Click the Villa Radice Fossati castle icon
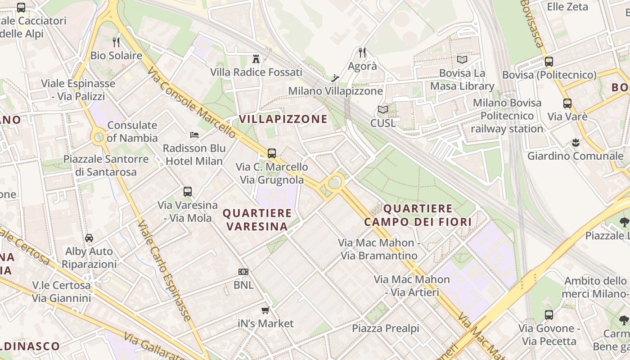256,58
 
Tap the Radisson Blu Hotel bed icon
194,135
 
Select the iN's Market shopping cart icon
265,310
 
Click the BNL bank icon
243,272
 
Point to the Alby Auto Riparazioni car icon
89,238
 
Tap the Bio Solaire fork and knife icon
116,42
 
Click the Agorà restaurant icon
362,53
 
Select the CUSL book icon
383,109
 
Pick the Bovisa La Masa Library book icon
462,59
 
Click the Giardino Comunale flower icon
575,143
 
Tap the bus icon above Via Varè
567,103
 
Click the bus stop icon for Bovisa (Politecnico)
549,62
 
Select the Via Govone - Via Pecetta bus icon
549,315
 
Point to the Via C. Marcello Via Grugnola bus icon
272,153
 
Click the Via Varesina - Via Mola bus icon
188,192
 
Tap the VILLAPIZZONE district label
283,119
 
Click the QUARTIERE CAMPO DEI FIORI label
418,215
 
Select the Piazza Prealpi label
385,328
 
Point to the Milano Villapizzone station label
335,91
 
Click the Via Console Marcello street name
191,103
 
